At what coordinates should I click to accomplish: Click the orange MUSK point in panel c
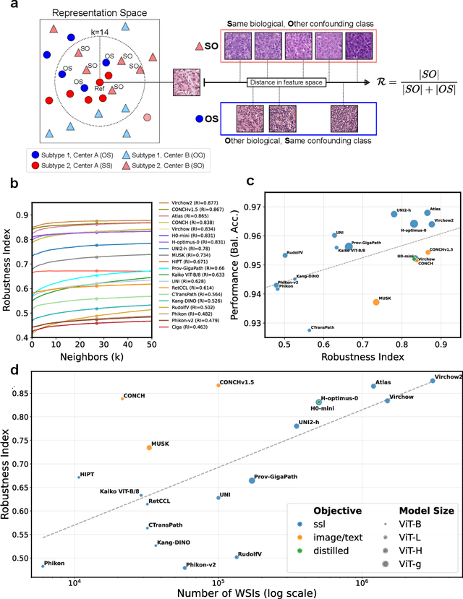tap(375, 301)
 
